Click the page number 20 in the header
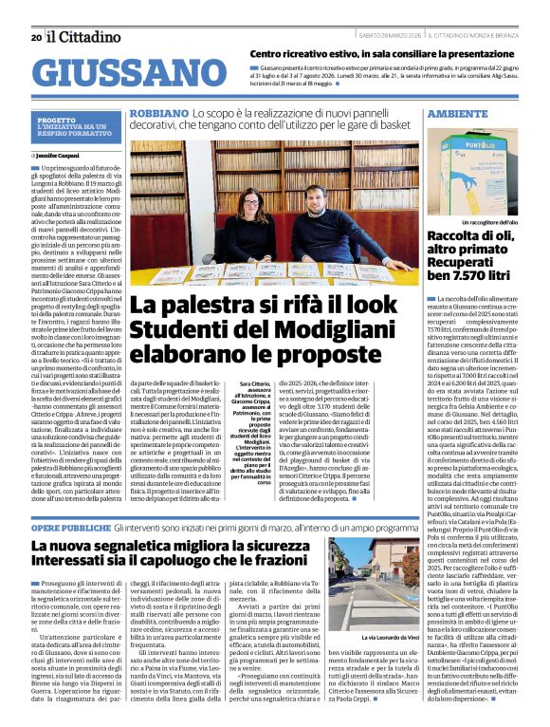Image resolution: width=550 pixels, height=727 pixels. pos(35,37)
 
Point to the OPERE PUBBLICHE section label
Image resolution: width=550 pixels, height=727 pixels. pos(70,528)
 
